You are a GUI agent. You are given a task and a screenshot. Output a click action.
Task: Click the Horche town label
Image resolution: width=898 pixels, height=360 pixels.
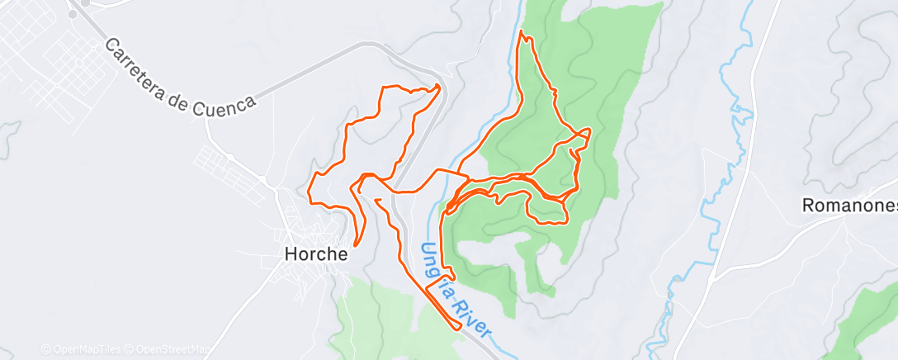pos(316,254)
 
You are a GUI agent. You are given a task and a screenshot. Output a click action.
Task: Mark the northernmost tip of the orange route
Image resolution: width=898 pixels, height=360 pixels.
pos(522,31)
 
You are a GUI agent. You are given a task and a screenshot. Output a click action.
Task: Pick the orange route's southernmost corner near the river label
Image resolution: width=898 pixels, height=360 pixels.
pos(458,328)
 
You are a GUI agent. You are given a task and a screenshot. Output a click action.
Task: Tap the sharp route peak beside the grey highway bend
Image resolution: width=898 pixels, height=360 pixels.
pos(437,86)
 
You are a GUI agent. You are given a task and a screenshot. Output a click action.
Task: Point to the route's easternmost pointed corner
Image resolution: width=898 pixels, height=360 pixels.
pos(589,130)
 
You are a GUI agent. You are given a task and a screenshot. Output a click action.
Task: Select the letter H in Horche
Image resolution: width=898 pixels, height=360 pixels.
pos(290,254)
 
